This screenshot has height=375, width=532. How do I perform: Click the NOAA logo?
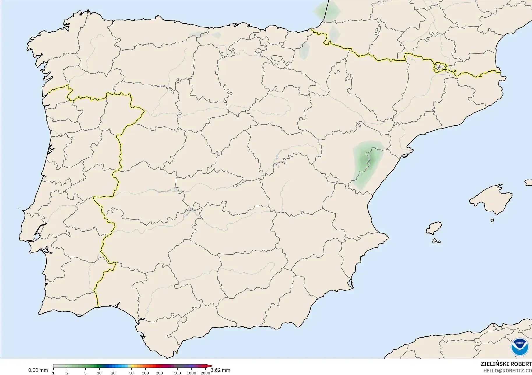[520, 346]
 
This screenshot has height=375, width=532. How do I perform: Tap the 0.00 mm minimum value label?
[38, 370]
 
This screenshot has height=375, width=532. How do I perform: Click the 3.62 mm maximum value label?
[220, 370]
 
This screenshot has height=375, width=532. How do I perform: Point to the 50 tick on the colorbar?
[131, 373]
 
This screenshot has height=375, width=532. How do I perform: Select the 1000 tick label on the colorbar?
[191, 373]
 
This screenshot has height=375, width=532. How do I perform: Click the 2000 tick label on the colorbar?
[205, 373]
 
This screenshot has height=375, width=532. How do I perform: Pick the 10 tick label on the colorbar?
[99, 373]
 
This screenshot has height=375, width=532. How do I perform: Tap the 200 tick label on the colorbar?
[159, 373]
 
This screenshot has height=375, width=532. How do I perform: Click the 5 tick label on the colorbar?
[85, 373]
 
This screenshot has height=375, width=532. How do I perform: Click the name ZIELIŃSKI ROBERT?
[506, 364]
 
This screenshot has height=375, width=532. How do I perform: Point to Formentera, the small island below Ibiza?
[436, 241]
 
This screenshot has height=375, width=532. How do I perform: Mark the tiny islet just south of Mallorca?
[492, 221]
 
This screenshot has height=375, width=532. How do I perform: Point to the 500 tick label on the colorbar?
[177, 373]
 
